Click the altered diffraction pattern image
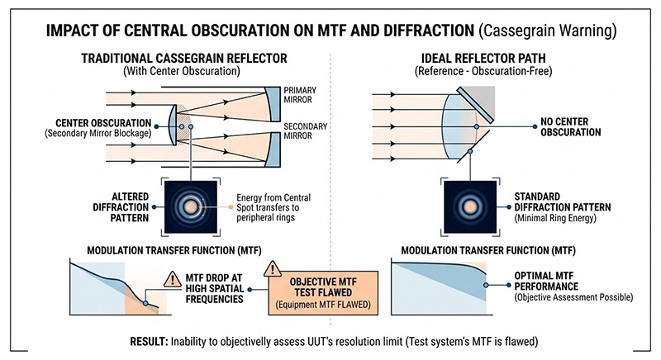(x=191, y=202)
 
